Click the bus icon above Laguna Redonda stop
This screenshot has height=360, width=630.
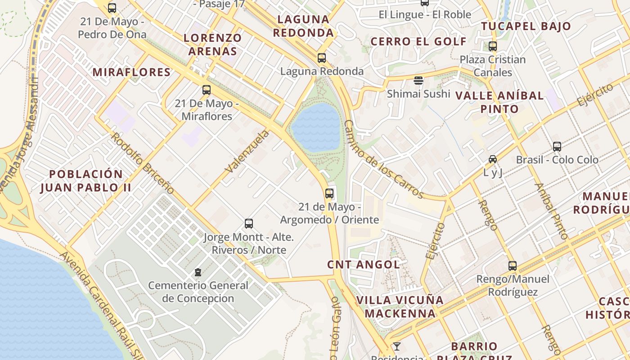click(x=321, y=58)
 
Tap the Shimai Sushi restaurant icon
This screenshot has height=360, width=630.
click(x=418, y=81)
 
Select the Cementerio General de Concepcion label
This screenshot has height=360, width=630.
click(x=198, y=292)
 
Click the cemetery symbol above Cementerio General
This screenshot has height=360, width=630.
click(x=198, y=272)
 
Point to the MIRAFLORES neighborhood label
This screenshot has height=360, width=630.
click(x=131, y=72)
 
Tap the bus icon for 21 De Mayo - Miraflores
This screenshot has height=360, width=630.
click(x=207, y=90)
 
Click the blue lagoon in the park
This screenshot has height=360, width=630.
click(x=316, y=127)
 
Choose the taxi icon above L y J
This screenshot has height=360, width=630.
click(x=493, y=159)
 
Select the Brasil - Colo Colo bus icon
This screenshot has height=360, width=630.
click(x=557, y=147)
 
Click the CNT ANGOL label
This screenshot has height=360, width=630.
click(x=364, y=265)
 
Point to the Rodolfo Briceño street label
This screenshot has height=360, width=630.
click(x=142, y=163)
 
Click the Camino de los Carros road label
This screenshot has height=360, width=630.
click(x=383, y=159)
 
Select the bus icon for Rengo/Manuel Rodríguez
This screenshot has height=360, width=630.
click(x=513, y=266)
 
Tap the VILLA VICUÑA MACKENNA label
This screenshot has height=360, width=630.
click(x=400, y=306)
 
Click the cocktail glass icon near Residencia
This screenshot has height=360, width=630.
click(x=397, y=346)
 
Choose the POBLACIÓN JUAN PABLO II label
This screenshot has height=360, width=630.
click(x=85, y=181)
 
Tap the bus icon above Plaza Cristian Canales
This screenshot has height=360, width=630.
click(x=493, y=46)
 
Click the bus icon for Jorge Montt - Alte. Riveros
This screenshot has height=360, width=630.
click(x=248, y=224)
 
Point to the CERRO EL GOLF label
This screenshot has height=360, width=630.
click(x=418, y=42)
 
